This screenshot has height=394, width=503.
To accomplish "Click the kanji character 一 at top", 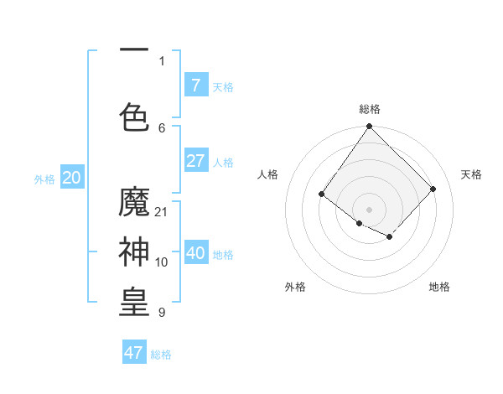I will coord(134,51).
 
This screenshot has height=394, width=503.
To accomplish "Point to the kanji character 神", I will coord(134,251).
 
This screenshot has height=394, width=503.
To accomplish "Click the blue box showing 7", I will coord(195,86).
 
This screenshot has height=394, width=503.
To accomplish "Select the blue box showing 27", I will coord(195,161).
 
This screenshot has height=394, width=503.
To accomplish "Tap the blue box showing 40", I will coord(195,253).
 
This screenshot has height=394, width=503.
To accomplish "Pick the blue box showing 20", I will coord(72,178).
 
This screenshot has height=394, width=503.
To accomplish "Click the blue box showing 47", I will coord(134,353).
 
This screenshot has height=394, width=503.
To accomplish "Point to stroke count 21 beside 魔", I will coord(162,212).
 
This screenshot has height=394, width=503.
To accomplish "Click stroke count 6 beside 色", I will coord(162,127).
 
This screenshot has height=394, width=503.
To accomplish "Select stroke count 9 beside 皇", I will coord(162,313).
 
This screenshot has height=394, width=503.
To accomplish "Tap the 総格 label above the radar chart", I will coord(369,109).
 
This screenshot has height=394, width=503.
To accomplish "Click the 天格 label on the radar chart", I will coord(471,174).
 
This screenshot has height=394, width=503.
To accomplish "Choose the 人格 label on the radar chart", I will coord(268,174).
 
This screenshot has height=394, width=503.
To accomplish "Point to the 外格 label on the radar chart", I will coord(295,287).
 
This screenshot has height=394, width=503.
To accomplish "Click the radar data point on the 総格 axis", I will coord(369,127).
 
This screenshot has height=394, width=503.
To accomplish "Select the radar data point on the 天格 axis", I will coord(433,189).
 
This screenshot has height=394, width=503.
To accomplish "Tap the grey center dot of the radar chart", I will coord(369,210).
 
